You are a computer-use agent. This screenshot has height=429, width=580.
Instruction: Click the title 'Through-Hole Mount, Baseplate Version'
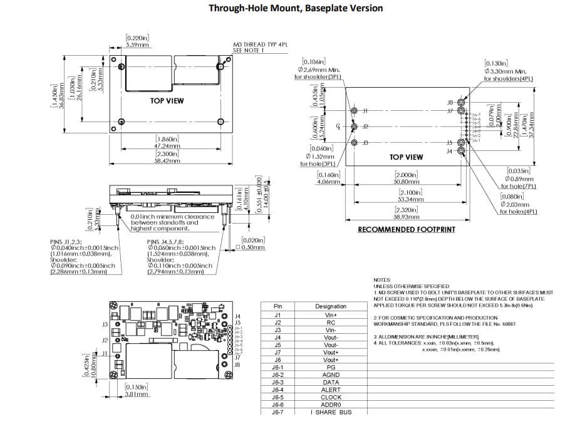pos(295,8)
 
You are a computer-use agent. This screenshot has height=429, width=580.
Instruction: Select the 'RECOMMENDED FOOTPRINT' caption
pos(407,230)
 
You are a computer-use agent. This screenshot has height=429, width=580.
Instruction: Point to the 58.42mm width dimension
pos(167,161)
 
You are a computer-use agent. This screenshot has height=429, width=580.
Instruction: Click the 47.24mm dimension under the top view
pos(167,145)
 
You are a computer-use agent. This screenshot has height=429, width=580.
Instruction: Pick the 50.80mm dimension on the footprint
pos(407,182)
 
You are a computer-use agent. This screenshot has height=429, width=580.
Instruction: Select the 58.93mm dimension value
pos(407,217)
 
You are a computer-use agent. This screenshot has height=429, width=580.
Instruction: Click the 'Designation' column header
pos(331,306)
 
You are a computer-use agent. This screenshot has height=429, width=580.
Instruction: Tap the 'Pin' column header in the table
pos(278,306)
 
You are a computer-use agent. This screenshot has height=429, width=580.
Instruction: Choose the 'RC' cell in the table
pos(331,322)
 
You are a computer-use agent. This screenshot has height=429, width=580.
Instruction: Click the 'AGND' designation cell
pos(331,375)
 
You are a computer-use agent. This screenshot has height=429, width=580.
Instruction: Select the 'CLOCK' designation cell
pos(331,397)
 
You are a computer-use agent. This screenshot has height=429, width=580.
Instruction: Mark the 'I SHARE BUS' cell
pos(331,412)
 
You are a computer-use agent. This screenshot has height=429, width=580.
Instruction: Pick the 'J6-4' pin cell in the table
pos(278,390)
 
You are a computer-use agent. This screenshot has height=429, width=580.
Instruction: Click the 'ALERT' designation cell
pos(331,390)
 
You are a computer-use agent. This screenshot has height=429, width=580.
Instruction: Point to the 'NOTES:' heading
pos(382,280)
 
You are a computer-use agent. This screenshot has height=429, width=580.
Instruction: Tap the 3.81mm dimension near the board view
pos(137,395)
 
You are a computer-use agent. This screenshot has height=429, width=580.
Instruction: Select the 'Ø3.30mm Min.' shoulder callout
pos(508,71)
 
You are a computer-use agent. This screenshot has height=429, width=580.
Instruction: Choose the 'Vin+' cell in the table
pos(331,314)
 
